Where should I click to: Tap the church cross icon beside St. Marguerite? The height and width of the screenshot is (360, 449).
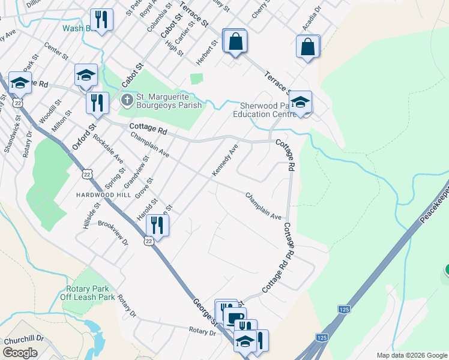[x=126, y=98]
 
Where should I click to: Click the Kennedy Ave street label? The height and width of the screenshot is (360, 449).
[x=225, y=160]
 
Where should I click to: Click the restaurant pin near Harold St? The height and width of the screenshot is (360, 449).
[x=157, y=225]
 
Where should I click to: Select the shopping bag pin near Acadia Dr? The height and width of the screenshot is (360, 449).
[x=307, y=47]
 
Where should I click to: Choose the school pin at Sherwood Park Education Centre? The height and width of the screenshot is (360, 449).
[x=300, y=101]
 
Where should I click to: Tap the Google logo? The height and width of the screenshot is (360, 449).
[x=20, y=353]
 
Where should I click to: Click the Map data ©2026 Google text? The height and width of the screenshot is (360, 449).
[x=411, y=355]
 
